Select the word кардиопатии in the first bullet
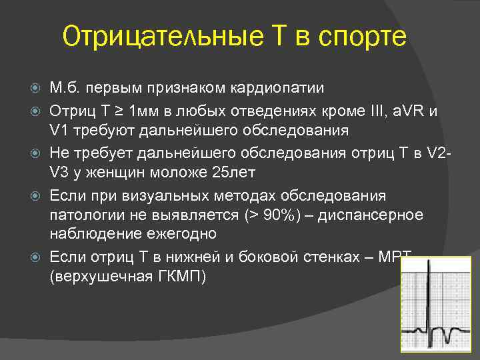coord(278,89)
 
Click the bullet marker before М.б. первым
coord(37,89)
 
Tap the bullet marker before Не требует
coord(37,154)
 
